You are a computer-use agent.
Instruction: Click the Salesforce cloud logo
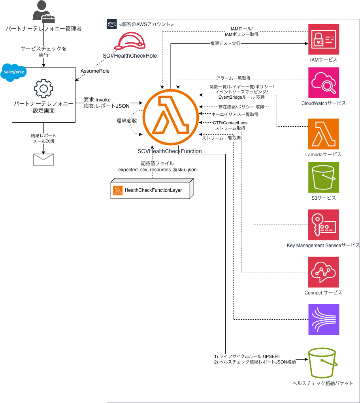click(x=14, y=72)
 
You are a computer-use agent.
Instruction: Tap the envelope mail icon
click(x=43, y=160)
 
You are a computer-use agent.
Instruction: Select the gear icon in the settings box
click(x=44, y=88)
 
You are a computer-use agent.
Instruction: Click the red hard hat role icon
click(x=130, y=41)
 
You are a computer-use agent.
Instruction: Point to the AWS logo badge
click(x=112, y=24)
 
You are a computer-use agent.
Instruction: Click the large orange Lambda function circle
click(x=171, y=117)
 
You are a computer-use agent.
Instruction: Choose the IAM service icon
click(x=324, y=39)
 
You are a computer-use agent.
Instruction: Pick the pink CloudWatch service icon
click(x=324, y=83)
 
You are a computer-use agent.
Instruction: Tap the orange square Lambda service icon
click(x=323, y=134)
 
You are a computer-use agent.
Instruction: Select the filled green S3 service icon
click(x=324, y=177)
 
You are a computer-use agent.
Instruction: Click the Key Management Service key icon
click(x=324, y=225)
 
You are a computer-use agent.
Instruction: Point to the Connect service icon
click(x=324, y=272)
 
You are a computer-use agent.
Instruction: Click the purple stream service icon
click(x=324, y=319)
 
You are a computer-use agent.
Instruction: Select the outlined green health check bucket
click(x=323, y=363)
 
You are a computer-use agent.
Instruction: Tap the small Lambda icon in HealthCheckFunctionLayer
click(x=118, y=191)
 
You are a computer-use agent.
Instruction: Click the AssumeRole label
click(x=95, y=71)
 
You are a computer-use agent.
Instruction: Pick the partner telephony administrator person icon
click(x=43, y=12)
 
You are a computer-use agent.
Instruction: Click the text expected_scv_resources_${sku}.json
click(x=158, y=170)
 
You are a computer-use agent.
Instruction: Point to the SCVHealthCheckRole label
click(x=130, y=56)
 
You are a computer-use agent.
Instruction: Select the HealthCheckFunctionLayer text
click(x=153, y=190)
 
